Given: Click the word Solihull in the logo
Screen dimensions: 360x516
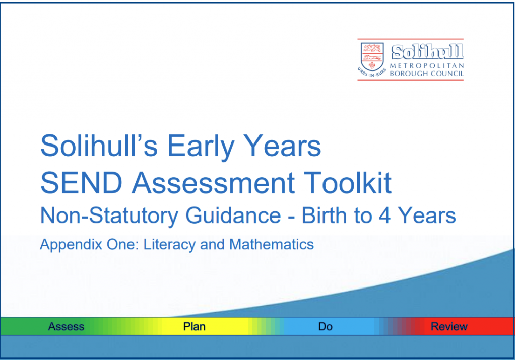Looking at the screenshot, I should pyautogui.click(x=427, y=51).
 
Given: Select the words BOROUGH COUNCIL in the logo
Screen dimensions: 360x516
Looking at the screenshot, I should pyautogui.click(x=426, y=74).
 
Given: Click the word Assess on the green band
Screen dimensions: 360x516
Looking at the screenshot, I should pyautogui.click(x=66, y=327).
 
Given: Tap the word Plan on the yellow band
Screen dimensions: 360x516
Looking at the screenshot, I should pyautogui.click(x=194, y=327).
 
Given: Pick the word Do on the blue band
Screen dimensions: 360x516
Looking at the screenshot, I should pyautogui.click(x=325, y=327).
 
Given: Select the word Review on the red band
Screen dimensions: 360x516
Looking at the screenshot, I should pyautogui.click(x=449, y=327).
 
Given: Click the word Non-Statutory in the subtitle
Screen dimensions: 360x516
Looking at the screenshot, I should pyautogui.click(x=108, y=216).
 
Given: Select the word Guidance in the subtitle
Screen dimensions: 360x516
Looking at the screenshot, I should pyautogui.click(x=233, y=216).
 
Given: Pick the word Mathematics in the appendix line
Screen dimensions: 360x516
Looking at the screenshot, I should pyautogui.click(x=271, y=245).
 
